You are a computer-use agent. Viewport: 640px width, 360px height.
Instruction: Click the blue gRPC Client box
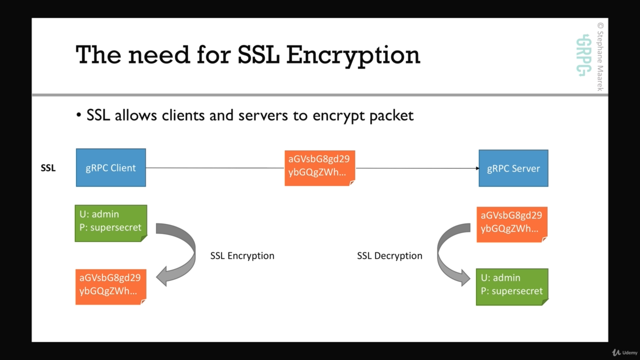[x=110, y=167]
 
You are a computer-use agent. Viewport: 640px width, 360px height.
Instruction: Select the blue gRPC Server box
[x=513, y=168]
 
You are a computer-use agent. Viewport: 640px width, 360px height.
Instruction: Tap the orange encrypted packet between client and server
[x=319, y=168]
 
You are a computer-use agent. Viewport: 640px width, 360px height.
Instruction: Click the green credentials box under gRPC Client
[x=110, y=223]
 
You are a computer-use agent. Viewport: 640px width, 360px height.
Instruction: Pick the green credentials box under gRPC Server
[x=511, y=286]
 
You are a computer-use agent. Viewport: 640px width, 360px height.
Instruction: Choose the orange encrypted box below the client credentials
[x=110, y=286]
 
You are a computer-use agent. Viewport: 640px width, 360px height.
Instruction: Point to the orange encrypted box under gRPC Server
[x=511, y=224]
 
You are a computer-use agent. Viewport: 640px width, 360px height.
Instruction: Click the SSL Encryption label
[x=242, y=255]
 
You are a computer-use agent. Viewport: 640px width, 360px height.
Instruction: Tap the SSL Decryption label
[x=389, y=255]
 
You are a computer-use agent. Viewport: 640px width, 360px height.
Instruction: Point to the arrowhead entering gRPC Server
[x=477, y=168]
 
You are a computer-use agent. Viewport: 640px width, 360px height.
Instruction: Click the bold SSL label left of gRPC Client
[x=48, y=168]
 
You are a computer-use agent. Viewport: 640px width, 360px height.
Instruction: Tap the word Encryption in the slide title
[x=353, y=55]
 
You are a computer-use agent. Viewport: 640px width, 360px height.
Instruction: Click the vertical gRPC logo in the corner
[x=583, y=55]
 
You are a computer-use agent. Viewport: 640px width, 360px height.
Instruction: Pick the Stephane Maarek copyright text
[x=600, y=56]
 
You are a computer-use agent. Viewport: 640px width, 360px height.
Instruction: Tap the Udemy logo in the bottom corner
[x=625, y=352]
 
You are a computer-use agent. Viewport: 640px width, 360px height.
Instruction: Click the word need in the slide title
[x=159, y=55]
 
